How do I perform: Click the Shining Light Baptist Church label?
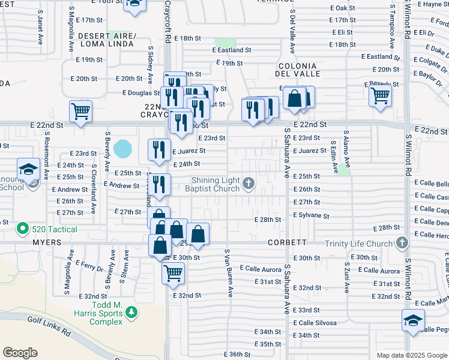[215, 184]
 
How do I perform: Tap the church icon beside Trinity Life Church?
[402, 243]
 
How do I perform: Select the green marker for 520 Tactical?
[22, 228]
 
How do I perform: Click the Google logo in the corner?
[20, 352]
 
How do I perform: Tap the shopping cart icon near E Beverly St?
[380, 94]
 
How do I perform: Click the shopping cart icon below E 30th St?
[173, 272]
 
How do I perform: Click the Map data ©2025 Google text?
[411, 355]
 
